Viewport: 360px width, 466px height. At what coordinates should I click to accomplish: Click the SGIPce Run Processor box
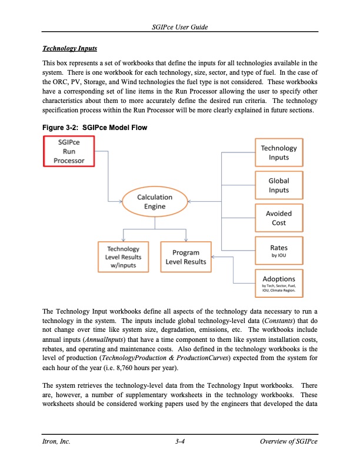point(69,152)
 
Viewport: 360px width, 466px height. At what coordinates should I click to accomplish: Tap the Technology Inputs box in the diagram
point(278,152)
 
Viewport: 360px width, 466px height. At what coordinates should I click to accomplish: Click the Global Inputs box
point(278,185)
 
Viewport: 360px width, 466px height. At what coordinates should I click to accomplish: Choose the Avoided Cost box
point(278,218)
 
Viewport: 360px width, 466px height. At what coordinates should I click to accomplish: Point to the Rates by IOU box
point(278,251)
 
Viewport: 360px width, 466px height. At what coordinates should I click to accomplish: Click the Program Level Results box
point(186,257)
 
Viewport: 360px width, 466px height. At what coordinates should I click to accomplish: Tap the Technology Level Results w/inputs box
point(122,257)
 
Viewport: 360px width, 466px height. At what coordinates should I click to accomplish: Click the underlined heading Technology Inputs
point(69,48)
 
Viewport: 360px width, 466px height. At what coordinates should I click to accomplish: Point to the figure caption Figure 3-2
point(94,128)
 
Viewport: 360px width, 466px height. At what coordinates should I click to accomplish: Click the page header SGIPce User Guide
point(179,28)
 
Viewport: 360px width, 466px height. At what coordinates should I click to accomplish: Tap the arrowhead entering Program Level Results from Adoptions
point(214,257)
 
